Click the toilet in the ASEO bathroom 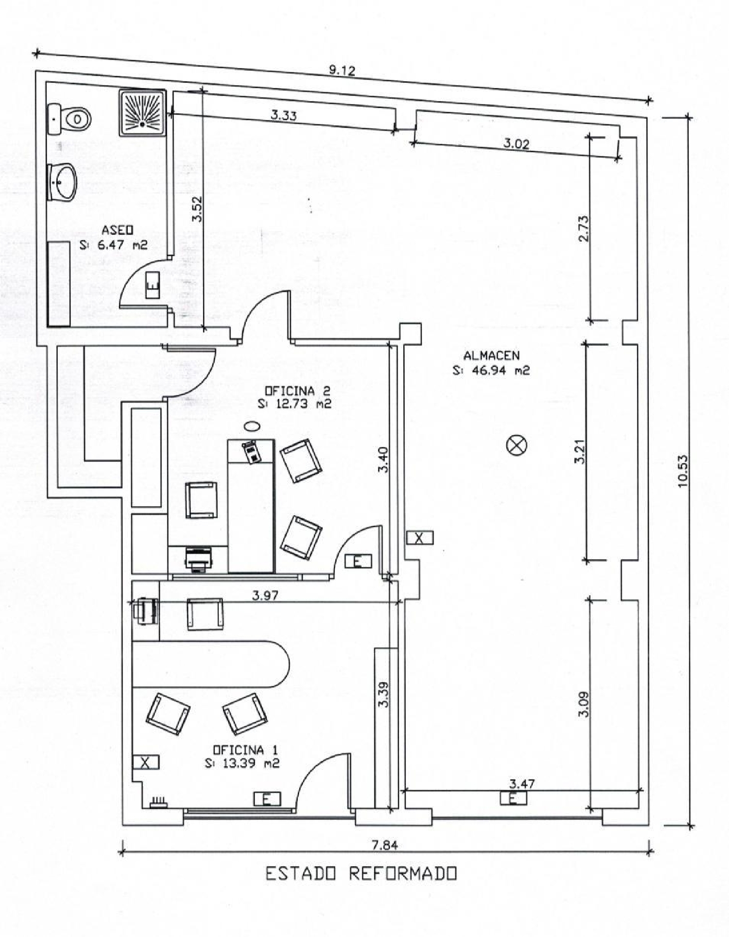pyautogui.click(x=69, y=119)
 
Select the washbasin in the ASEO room pyautogui.click(x=62, y=182)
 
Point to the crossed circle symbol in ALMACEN pyautogui.click(x=517, y=445)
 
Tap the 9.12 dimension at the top pyautogui.click(x=342, y=70)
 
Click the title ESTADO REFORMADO pyautogui.click(x=362, y=874)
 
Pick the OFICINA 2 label pyautogui.click(x=297, y=390)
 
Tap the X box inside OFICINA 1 pyautogui.click(x=146, y=763)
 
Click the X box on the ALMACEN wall pyautogui.click(x=419, y=537)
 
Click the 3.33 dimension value pyautogui.click(x=284, y=116)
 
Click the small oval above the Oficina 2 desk pyautogui.click(x=252, y=426)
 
